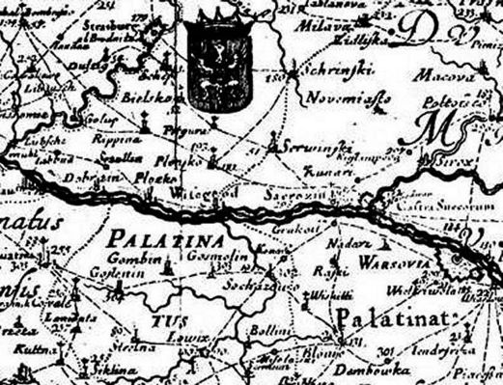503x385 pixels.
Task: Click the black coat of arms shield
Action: pyautogui.click(x=221, y=68)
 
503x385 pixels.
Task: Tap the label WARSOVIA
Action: pyautogui.click(x=382, y=261)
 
